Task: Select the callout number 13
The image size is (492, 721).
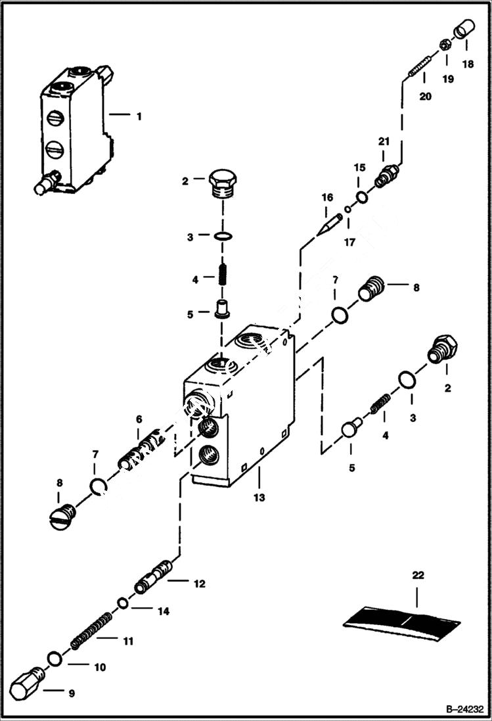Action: (259, 498)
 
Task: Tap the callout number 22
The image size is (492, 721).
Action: (418, 575)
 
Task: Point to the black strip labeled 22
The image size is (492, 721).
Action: (402, 622)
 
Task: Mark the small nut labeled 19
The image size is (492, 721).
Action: (443, 46)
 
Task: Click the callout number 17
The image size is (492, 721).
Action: (350, 242)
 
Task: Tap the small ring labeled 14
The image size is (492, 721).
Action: (123, 603)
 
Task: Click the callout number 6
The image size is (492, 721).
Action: (139, 419)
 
